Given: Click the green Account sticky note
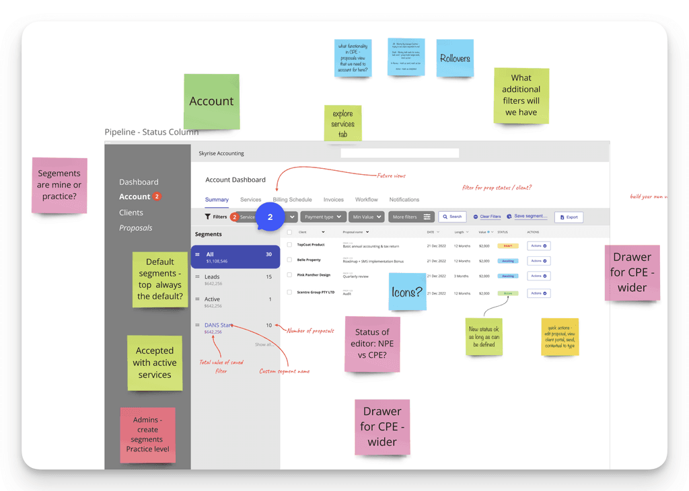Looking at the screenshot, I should (x=211, y=102).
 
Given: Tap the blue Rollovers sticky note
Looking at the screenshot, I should (x=455, y=59).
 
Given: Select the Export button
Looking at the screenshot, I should (x=569, y=217).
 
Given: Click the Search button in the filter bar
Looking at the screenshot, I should (x=452, y=217).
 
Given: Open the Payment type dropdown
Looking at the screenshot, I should (x=322, y=217).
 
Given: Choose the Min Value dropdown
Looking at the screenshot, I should (x=366, y=217).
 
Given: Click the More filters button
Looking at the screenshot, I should (x=411, y=217).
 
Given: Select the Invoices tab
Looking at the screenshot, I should (x=333, y=200).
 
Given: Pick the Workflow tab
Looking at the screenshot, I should (x=367, y=200).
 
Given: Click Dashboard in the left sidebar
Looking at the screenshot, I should (x=139, y=182).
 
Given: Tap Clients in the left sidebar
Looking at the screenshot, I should (x=131, y=213).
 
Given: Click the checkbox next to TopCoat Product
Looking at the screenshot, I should (x=289, y=245).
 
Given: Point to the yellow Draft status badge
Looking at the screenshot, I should (x=507, y=245).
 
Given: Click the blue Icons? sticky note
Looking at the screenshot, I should (x=407, y=292).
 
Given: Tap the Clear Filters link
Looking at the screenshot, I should (x=487, y=217).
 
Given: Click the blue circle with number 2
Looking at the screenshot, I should (x=270, y=217).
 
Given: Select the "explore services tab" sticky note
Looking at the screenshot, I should (x=342, y=124).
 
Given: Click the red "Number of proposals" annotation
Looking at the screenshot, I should (x=311, y=331).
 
